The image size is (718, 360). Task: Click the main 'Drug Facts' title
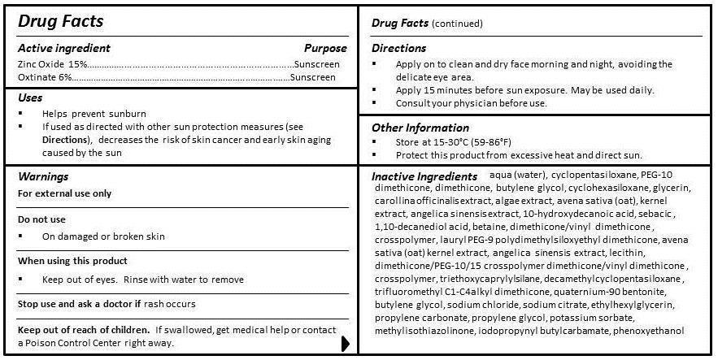[61, 21]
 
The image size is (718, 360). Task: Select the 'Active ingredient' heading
[64, 48]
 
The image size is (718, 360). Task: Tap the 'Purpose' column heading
[325, 48]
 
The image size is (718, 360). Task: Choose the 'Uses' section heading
[30, 98]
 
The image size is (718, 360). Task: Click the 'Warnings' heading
[42, 176]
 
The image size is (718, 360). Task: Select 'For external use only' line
[65, 193]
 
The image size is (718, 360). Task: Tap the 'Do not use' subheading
[41, 219]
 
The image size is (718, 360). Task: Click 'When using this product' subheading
[72, 261]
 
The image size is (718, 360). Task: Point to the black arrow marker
[346, 344]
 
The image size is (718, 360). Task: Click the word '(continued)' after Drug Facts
[457, 24]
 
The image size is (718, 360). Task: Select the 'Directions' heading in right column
[398, 48]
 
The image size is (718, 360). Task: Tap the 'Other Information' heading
[420, 128]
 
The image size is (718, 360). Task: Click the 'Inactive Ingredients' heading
[424, 176]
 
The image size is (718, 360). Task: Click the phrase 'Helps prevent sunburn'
[94, 114]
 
